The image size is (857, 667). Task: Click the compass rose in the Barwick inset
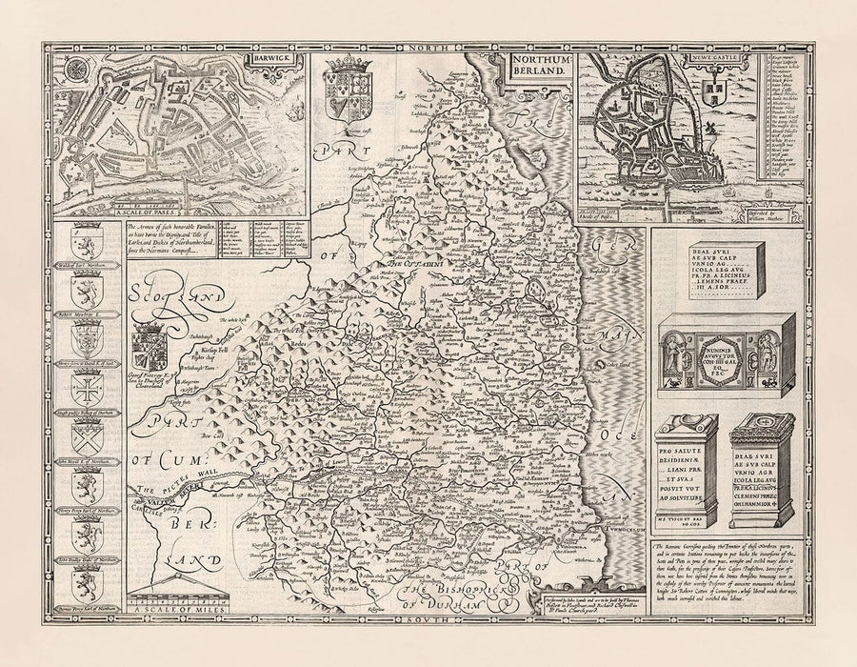coord(76,73)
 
